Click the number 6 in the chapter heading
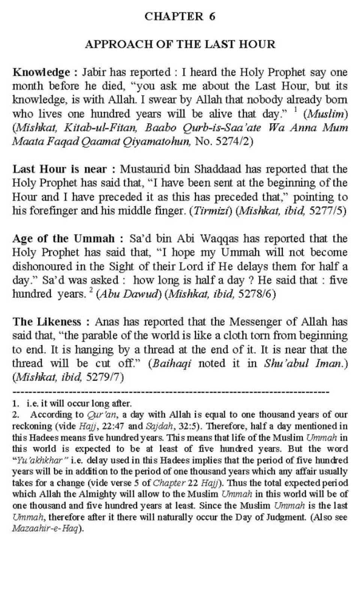(x=212, y=17)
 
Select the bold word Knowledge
(x=41, y=72)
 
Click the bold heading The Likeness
(x=47, y=322)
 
